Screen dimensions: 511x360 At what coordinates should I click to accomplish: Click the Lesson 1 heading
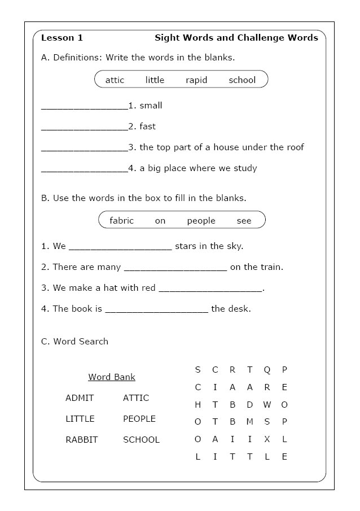62,38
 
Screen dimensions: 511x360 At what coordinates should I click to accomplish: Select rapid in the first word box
196,80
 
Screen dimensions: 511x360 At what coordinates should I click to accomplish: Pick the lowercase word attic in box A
115,80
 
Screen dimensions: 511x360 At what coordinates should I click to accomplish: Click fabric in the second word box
122,221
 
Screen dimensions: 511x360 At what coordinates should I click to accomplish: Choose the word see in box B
244,221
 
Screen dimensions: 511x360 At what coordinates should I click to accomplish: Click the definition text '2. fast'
142,126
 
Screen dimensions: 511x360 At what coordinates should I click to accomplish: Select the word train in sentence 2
271,267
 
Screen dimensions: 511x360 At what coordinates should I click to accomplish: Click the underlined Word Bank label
112,377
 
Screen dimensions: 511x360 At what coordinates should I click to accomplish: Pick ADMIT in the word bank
80,398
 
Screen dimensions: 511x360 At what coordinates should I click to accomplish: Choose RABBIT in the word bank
81,440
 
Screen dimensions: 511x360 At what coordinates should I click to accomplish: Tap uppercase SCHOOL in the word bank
141,440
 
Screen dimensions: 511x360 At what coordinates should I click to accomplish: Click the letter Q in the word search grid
267,370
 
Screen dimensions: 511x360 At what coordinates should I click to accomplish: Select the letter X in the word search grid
267,439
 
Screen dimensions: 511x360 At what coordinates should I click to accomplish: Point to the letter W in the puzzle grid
267,405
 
